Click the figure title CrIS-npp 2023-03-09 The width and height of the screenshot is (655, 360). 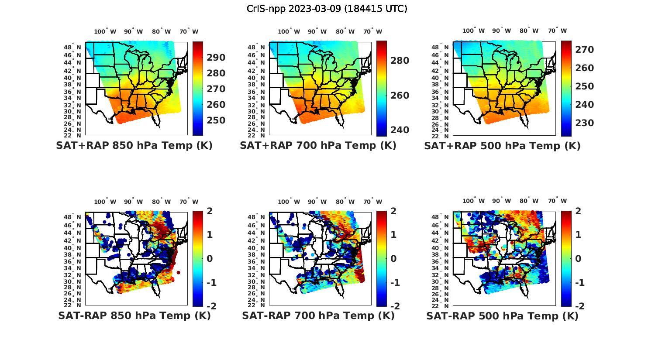327,9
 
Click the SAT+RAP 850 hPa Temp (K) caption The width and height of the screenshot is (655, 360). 134,146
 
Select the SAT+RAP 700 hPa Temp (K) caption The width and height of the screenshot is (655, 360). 318,146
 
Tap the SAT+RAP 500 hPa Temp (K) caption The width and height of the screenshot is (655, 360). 502,146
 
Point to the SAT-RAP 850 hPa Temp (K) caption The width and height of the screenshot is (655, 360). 134,315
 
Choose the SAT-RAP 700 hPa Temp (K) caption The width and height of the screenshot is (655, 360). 318,315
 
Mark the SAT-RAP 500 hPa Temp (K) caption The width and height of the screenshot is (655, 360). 502,315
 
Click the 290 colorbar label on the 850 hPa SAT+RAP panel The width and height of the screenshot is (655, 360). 216,58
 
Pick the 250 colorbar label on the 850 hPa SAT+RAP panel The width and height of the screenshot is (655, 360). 216,120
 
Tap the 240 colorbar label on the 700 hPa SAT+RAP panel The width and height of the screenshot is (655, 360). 400,130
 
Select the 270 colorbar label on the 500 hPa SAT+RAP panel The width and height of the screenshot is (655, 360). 584,50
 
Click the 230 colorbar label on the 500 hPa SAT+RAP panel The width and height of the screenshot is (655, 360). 584,123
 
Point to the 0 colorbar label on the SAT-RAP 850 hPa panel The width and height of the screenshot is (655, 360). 209,259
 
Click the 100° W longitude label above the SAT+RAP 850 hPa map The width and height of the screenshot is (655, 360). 105,31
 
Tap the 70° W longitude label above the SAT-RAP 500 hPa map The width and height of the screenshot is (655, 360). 557,201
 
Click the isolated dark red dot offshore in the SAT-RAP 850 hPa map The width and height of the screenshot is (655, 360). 178,273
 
